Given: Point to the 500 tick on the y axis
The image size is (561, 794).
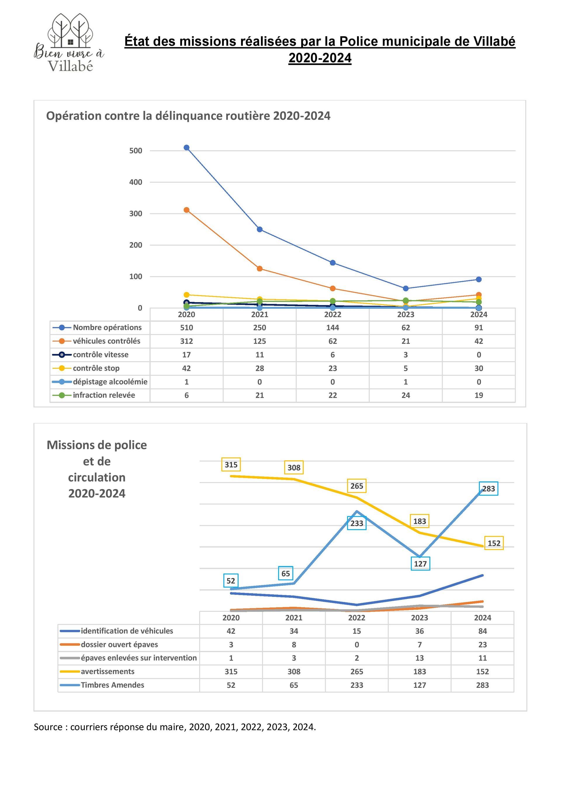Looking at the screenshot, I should (x=136, y=151).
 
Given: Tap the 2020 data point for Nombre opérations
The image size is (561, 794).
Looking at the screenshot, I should (x=186, y=148).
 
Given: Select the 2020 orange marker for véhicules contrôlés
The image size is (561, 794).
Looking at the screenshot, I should (x=186, y=210).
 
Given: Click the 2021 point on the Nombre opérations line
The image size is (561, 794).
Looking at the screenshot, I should (x=260, y=229).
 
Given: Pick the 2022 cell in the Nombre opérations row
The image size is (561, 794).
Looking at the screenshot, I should (x=333, y=328).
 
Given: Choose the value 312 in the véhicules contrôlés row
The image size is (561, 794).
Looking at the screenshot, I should (x=186, y=341).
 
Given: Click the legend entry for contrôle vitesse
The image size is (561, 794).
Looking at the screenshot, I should (x=100, y=354).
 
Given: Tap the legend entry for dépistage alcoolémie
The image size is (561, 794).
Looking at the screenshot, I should (x=110, y=382).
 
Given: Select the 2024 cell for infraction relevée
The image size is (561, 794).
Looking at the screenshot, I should (x=479, y=395).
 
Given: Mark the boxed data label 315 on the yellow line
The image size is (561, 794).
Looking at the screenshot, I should (x=231, y=465).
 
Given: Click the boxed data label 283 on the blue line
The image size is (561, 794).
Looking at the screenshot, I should (x=489, y=489).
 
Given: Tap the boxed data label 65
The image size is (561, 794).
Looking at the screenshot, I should (x=286, y=574).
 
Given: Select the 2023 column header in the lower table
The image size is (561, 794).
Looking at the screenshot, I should (x=420, y=618).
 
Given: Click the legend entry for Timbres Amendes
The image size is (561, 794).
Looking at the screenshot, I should (x=112, y=685).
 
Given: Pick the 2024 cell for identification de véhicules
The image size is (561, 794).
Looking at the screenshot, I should (x=483, y=631).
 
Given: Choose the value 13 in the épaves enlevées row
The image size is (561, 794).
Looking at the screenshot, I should (x=420, y=658).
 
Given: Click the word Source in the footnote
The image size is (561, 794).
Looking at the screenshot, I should (x=48, y=727).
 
